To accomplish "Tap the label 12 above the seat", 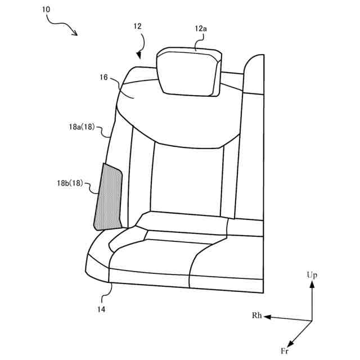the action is [138, 26].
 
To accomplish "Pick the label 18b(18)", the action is [74, 183].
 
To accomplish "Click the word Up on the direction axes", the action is [312, 275].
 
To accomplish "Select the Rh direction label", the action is [257, 316].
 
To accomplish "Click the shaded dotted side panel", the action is [107, 197].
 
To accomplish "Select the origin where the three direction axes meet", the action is [312, 321].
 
